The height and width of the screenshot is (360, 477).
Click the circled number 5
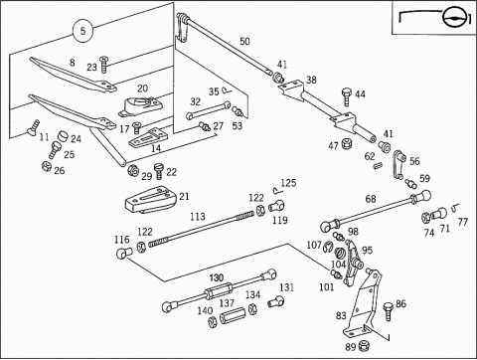[82, 31]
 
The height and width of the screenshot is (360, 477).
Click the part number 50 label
[244, 42]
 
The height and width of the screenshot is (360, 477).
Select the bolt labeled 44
[347, 96]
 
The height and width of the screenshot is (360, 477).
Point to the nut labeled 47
[347, 143]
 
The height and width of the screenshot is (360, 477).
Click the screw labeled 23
[104, 65]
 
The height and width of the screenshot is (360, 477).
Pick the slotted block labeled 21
[150, 200]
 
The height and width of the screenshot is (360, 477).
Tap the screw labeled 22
[159, 170]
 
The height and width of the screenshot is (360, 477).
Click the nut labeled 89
[364, 345]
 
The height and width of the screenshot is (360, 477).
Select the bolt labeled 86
[388, 310]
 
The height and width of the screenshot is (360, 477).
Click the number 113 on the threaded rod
[198, 217]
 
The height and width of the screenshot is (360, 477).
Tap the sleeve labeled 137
[233, 315]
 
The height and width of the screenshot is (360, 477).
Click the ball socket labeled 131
[276, 301]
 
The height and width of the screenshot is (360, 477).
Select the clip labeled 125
[277, 190]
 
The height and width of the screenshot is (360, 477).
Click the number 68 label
[371, 199]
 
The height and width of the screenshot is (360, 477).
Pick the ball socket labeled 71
[438, 214]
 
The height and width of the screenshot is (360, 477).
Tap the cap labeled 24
[63, 136]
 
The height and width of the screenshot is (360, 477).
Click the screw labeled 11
[33, 127]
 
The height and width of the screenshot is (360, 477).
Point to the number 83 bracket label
[341, 315]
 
